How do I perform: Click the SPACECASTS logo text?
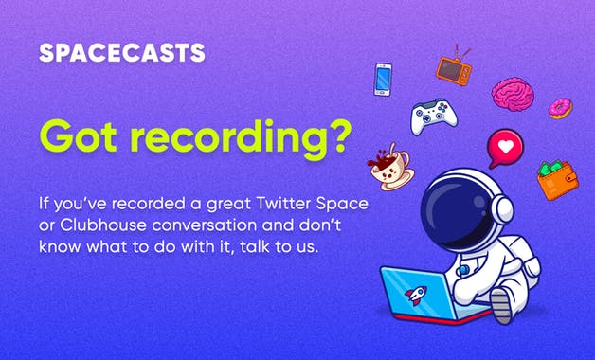122,53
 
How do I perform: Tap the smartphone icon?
383,79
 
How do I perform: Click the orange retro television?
453,68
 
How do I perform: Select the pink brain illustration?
512,94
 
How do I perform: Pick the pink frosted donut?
561,108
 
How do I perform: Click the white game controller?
433,117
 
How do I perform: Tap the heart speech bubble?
505,149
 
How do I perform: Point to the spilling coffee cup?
388,167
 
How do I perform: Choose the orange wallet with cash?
557,178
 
